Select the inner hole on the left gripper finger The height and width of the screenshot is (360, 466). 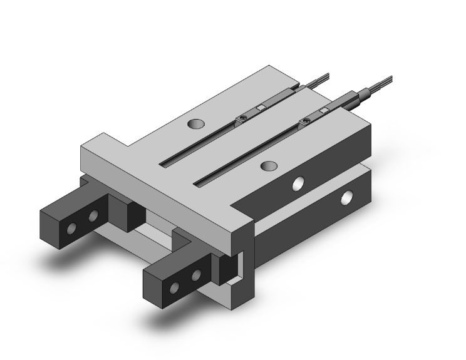[x=93, y=217]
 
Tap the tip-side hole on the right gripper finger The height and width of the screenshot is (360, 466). [x=175, y=287]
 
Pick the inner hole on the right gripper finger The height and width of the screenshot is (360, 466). [x=196, y=275]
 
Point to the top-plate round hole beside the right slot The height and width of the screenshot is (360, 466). [x=269, y=166]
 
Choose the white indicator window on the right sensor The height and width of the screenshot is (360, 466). [x=324, y=111]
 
